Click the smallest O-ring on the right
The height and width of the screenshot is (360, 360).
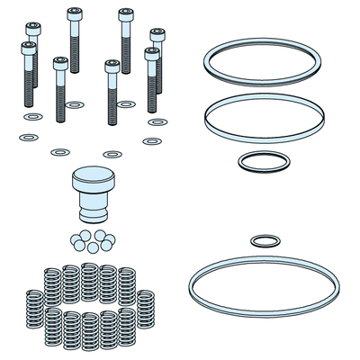click(263, 241)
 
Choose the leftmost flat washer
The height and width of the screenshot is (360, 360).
click(29, 138)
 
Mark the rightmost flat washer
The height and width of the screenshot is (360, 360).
click(157, 121)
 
